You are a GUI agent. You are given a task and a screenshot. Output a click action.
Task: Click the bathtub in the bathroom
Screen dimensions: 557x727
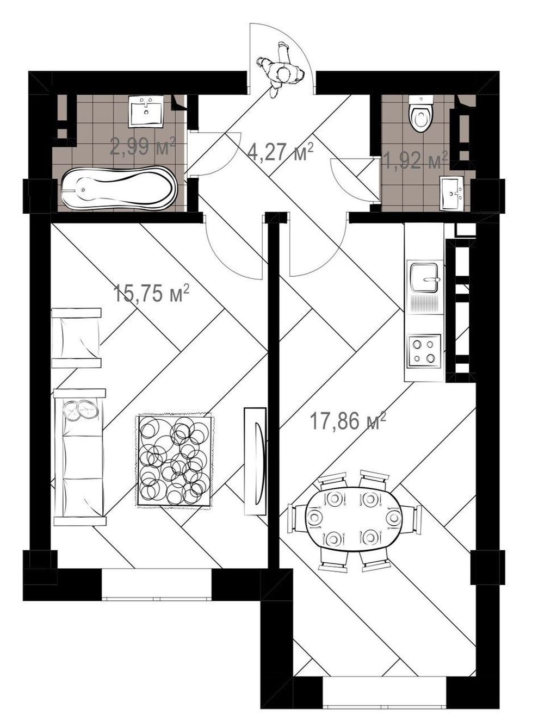point(119,189)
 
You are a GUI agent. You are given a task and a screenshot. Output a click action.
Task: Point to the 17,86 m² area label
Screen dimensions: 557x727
point(348,420)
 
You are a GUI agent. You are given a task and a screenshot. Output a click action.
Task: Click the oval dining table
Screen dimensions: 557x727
point(354,521)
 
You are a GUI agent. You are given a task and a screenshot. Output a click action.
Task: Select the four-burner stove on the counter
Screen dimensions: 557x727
point(424,352)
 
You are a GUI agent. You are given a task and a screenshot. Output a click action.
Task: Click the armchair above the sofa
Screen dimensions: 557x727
point(76,338)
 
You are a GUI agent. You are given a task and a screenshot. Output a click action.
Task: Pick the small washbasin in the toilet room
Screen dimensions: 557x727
point(453,194)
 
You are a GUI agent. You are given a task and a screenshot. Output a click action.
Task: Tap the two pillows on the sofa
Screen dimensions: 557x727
point(83,409)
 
